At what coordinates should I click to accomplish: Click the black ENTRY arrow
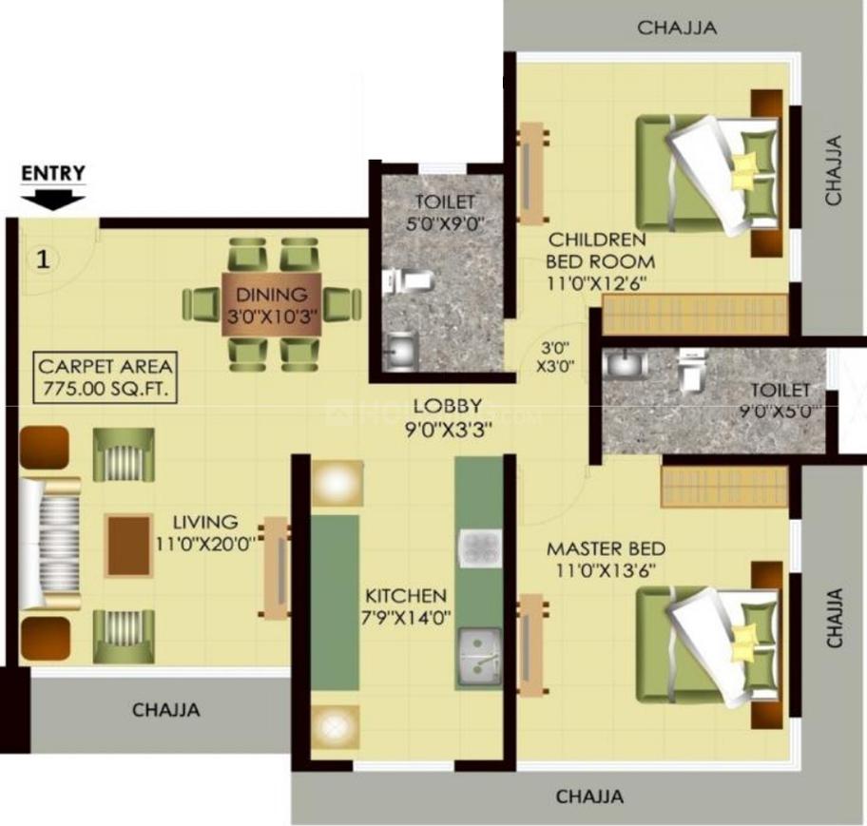53,199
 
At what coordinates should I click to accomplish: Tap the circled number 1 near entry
42,259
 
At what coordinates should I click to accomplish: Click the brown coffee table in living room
128,545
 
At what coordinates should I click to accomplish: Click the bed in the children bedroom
708,175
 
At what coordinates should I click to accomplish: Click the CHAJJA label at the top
677,28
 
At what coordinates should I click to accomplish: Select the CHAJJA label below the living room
165,709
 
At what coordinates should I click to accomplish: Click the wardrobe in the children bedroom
696,314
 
